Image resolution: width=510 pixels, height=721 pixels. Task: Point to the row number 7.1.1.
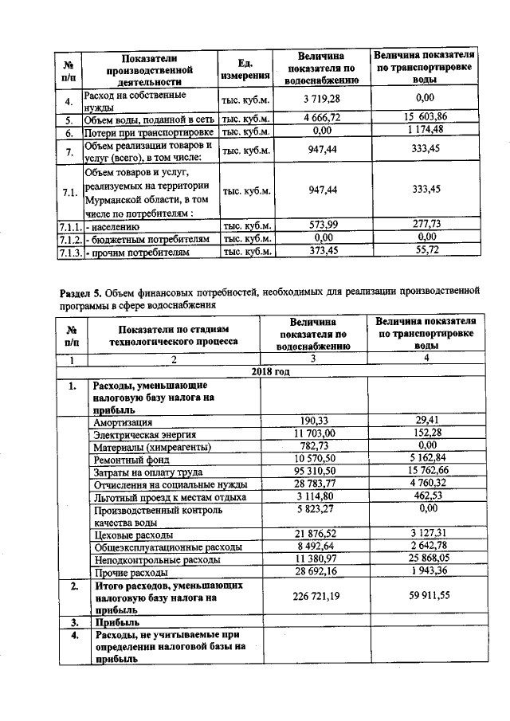point(70,226)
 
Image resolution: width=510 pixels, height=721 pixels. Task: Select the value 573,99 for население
point(322,225)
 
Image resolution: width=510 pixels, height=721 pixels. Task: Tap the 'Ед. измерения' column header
point(245,69)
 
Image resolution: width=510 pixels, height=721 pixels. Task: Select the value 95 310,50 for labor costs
point(316,471)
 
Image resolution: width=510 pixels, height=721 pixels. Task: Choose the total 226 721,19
point(316,595)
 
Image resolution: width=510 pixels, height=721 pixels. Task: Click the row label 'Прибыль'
point(117,621)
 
